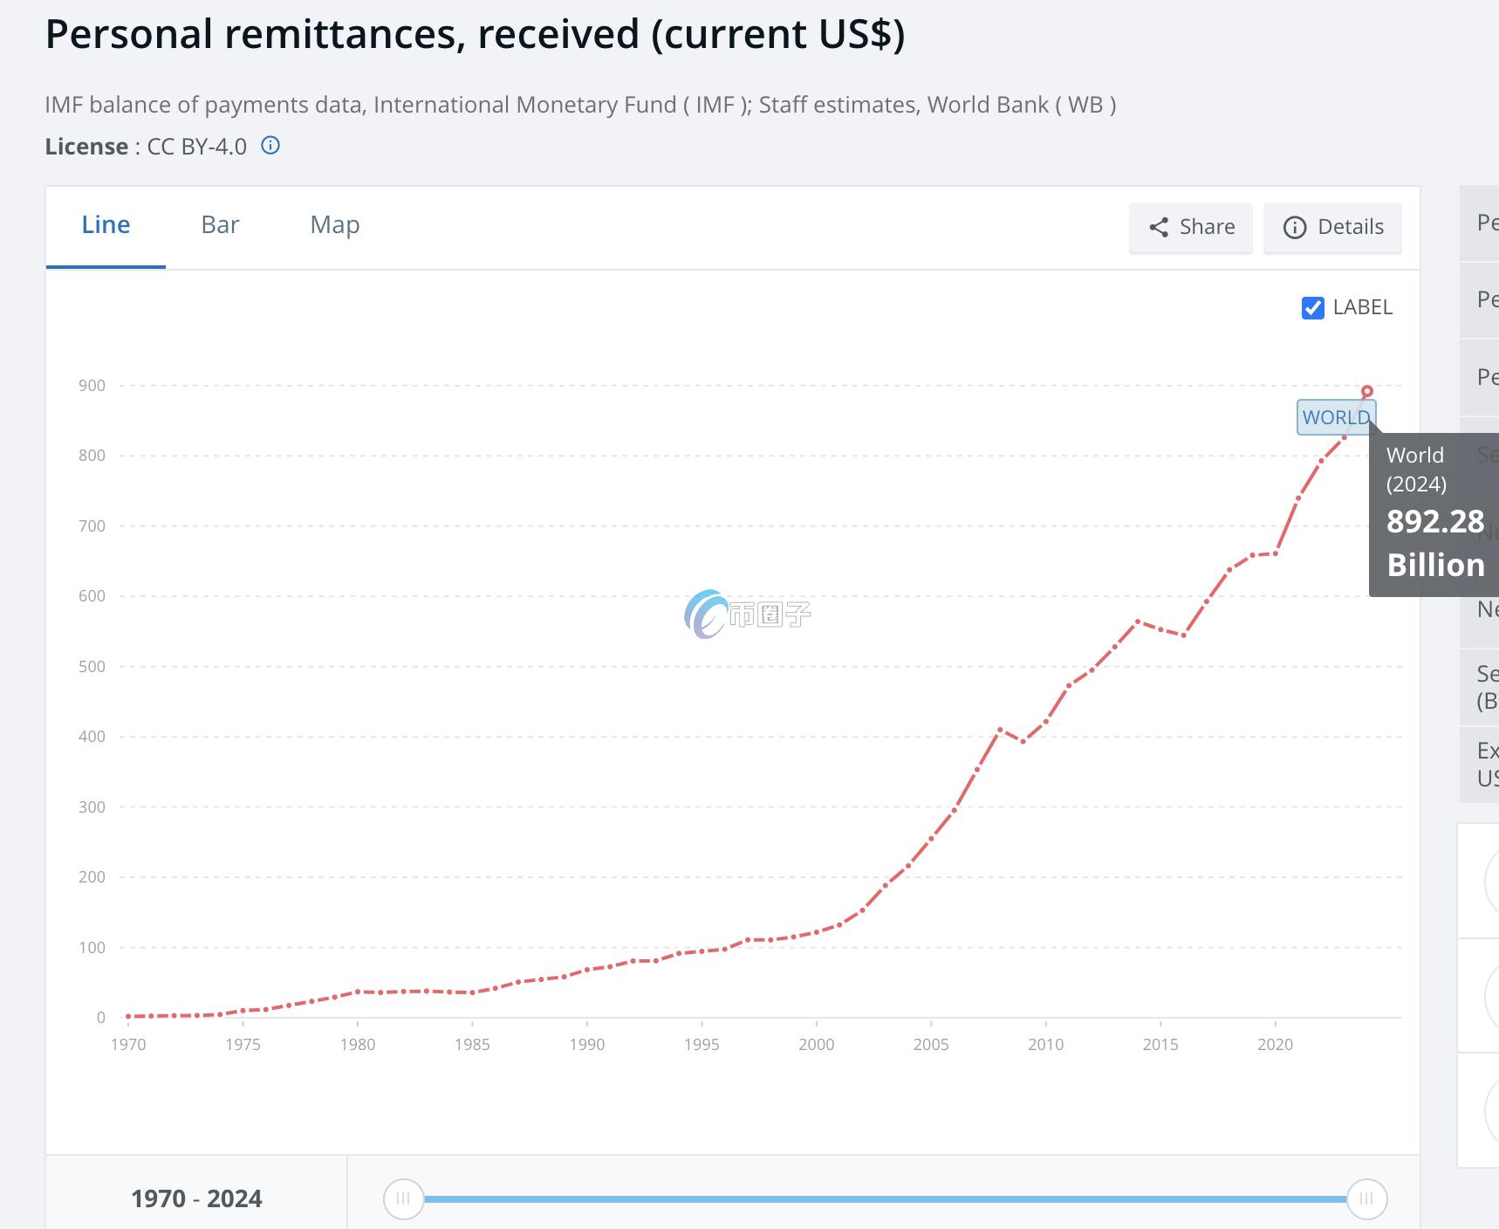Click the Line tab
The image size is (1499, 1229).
click(x=106, y=225)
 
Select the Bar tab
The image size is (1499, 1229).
click(x=220, y=225)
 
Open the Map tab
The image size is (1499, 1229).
click(x=335, y=225)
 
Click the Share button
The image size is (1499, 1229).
click(x=1190, y=228)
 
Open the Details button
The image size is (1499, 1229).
click(x=1332, y=228)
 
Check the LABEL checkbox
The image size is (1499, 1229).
click(x=1312, y=308)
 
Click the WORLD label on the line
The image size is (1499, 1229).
click(x=1335, y=417)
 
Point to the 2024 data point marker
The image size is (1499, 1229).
click(x=1366, y=392)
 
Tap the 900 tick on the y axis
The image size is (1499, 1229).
click(x=92, y=386)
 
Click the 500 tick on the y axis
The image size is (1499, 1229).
click(x=92, y=667)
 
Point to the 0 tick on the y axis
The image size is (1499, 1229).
click(x=101, y=1018)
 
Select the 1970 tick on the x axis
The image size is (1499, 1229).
click(x=128, y=1045)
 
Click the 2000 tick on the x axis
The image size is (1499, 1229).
click(x=816, y=1045)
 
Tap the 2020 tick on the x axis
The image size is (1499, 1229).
click(x=1275, y=1045)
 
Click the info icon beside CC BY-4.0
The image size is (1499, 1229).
click(x=270, y=146)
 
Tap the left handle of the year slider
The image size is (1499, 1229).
click(x=403, y=1199)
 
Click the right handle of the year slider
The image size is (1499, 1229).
click(x=1366, y=1199)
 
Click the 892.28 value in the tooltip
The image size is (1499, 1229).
click(x=1434, y=522)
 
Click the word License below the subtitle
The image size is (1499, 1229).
click(x=86, y=147)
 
